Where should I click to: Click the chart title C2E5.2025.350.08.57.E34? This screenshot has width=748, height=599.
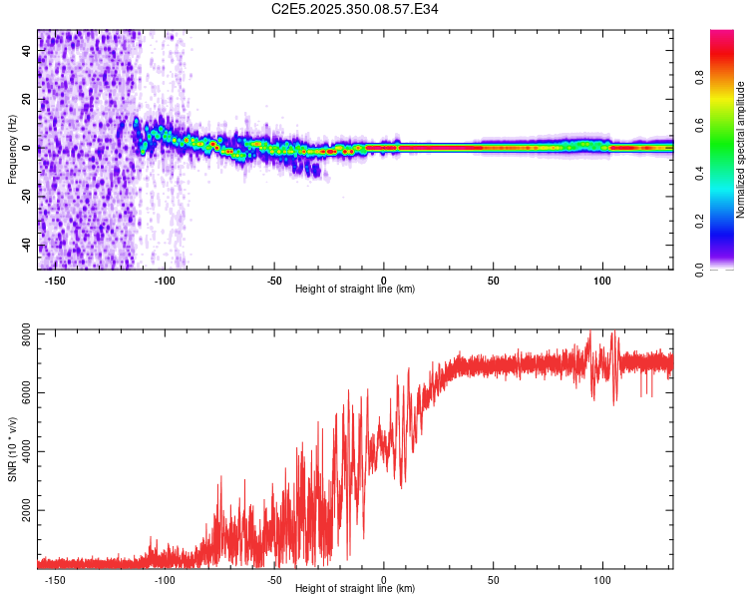point(355,9)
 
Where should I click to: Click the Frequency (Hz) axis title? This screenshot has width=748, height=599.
point(13,150)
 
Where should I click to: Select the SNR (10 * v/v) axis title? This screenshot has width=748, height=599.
point(13,449)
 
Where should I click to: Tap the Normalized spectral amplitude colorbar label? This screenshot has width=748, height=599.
point(740,150)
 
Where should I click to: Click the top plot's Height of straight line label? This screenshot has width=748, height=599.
point(355,289)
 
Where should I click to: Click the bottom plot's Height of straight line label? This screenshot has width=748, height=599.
point(355,588)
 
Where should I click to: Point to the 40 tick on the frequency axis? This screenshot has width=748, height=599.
point(27,52)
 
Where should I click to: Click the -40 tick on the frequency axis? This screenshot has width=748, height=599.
point(27,246)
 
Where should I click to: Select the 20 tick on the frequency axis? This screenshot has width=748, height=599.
point(27,100)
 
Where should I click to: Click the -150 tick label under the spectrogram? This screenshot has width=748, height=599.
point(56,281)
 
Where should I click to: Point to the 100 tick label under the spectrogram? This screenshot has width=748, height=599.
point(602,281)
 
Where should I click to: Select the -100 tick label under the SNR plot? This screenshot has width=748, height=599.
point(165,579)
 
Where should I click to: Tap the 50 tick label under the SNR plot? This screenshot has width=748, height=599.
point(493,579)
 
